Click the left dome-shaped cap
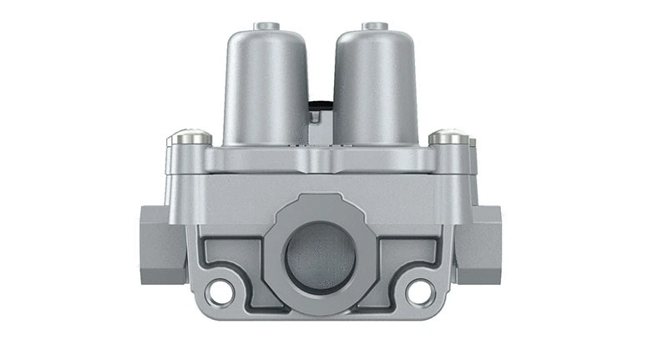coord(266,84)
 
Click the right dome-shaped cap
coord(375,84)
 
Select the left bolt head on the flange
coord(189,137)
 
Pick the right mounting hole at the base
coord(420,292)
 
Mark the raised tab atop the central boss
coord(320,201)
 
